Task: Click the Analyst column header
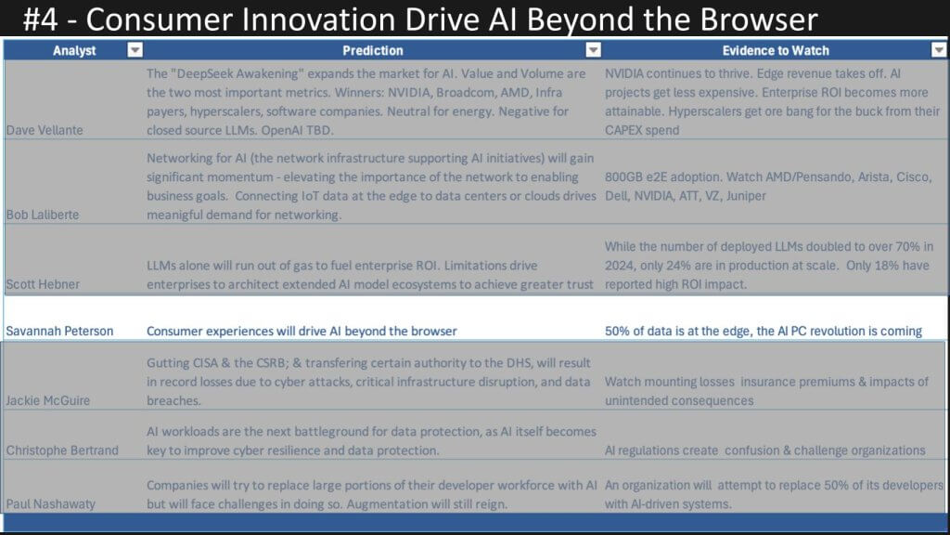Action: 74,50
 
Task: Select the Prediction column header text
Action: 373,50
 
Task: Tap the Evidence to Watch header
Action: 776,50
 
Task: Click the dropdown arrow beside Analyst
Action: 135,50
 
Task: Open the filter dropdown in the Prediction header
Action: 593,50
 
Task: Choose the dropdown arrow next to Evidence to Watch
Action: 939,50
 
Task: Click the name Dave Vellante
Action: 45,130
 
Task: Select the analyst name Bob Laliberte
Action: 43,215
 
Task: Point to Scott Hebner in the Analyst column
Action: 43,284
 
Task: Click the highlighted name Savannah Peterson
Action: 59,332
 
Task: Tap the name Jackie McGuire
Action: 48,400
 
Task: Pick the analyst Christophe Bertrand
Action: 62,450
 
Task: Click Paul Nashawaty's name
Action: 50,503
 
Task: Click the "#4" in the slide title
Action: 41,19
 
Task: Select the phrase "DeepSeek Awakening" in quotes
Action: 233,73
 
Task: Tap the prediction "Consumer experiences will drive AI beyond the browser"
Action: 302,332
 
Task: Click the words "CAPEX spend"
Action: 642,130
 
